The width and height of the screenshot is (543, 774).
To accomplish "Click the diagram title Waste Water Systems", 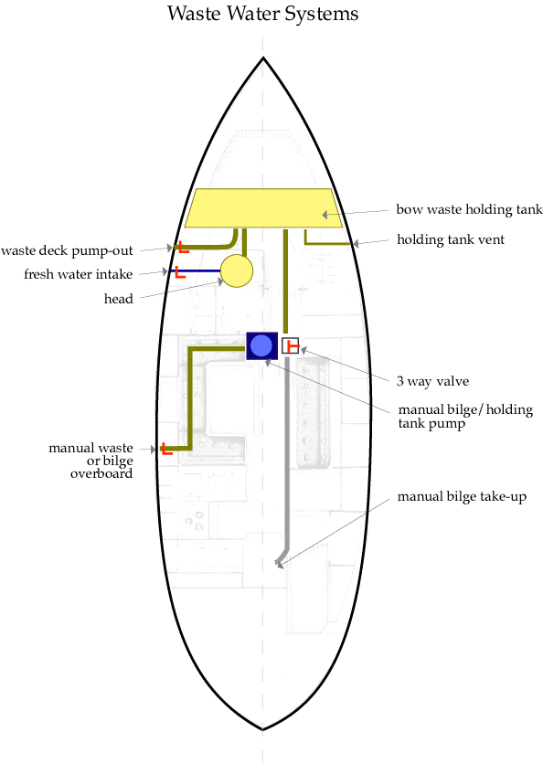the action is pos(262,14).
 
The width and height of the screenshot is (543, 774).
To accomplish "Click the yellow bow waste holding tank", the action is pos(263,207).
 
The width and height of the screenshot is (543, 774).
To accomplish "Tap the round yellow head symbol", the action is pos(237,271).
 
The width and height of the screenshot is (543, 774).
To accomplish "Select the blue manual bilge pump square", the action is pos(261,346).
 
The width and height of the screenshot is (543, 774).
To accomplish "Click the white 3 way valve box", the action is pos(291,345).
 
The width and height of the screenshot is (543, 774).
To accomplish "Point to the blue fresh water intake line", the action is pos(196,271).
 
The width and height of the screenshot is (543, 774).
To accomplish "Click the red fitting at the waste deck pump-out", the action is pos(183,248).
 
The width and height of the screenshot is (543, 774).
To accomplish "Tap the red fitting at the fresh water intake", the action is pos(180,272).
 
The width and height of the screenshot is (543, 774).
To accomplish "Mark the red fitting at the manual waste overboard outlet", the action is pos(167,449).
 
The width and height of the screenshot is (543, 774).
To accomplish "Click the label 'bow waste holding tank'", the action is pos(470,210).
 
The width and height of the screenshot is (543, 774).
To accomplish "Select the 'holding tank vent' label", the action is pos(451,240).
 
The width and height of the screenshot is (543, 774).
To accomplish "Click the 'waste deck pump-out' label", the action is pos(67,250).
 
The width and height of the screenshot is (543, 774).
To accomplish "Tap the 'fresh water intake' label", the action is pos(79,274).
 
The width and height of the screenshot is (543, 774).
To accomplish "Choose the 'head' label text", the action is pos(119,299).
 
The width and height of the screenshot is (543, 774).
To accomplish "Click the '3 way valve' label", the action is pos(433,381).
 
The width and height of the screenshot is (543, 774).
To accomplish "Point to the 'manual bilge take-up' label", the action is pos(462,496).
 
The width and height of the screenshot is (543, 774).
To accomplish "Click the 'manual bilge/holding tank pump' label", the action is pos(465,417).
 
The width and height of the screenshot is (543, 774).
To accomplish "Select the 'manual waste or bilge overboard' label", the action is pos(90,461).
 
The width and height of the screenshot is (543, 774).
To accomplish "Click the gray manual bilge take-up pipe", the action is pos(287,454).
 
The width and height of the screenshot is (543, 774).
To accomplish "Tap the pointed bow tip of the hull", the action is pos(263,58).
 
